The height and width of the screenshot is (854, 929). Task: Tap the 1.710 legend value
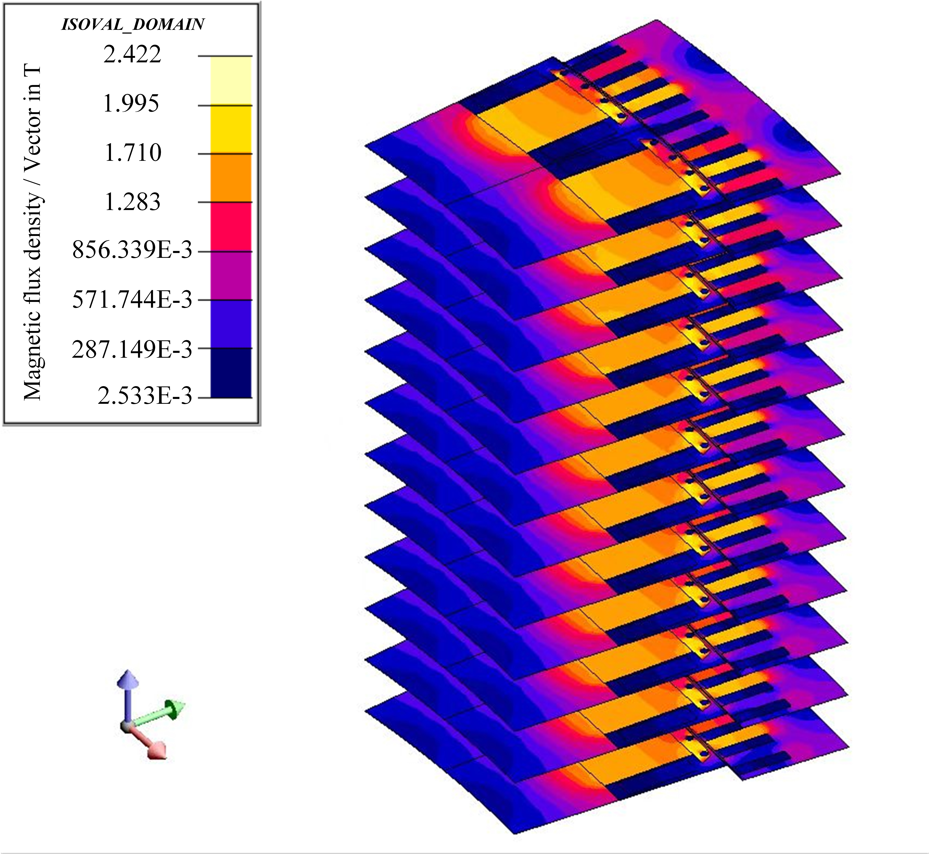click(133, 153)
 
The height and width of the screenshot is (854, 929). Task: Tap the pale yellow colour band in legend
click(231, 81)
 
